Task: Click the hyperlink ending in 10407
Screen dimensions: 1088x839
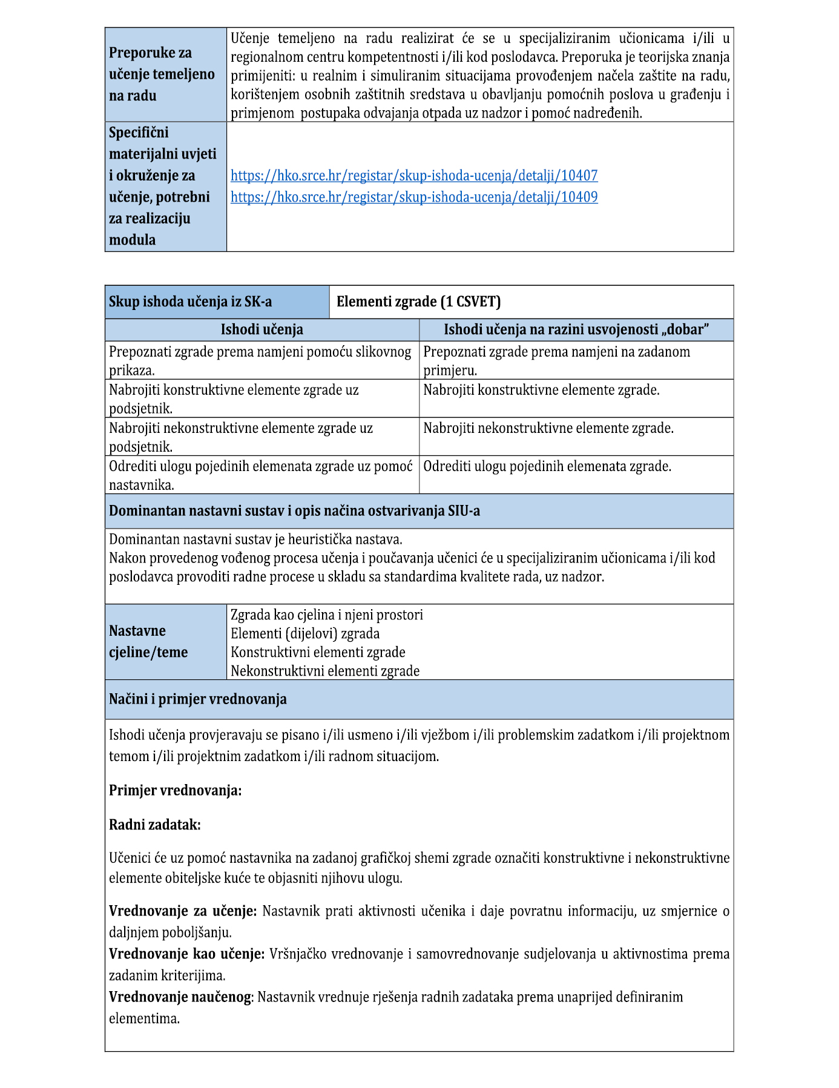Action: point(414,176)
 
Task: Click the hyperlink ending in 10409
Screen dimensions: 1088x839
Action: point(414,197)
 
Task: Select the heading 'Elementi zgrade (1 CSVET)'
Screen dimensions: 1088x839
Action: point(419,302)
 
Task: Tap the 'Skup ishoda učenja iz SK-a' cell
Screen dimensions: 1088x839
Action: point(191,302)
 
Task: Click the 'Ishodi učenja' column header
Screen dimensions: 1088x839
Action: point(262,329)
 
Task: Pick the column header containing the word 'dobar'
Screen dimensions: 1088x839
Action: point(576,329)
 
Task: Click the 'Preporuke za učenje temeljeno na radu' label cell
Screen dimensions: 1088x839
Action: point(162,74)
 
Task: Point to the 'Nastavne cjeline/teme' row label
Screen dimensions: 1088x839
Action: point(148,642)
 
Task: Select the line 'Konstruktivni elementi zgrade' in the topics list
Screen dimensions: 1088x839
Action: point(318,652)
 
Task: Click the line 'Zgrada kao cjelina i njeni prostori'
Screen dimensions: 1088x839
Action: point(327,615)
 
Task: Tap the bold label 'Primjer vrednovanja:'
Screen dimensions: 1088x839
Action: point(175,790)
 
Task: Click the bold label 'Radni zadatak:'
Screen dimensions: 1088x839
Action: point(155,825)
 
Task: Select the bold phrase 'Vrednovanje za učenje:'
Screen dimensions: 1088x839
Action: point(183,911)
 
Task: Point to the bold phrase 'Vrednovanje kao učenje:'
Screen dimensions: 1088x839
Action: point(186,954)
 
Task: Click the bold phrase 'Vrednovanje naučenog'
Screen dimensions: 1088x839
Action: point(180,997)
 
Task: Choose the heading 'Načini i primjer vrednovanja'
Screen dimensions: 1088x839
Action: point(198,699)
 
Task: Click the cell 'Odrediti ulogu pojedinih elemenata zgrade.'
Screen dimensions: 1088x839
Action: point(547,466)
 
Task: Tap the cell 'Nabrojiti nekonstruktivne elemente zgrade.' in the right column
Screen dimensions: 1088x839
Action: point(548,428)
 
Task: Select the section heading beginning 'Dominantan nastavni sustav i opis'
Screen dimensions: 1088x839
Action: point(294,511)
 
